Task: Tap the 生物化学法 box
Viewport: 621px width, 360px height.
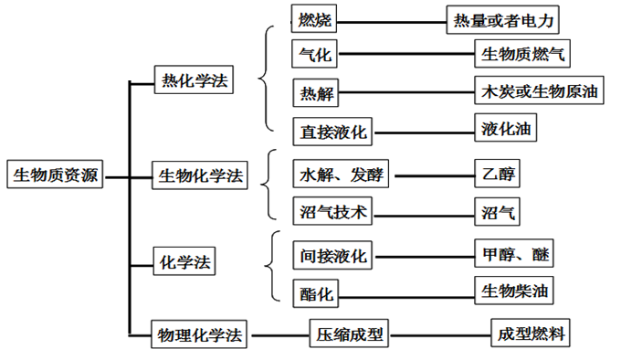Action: click(x=201, y=175)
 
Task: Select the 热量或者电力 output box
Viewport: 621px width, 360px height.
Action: click(x=500, y=19)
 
